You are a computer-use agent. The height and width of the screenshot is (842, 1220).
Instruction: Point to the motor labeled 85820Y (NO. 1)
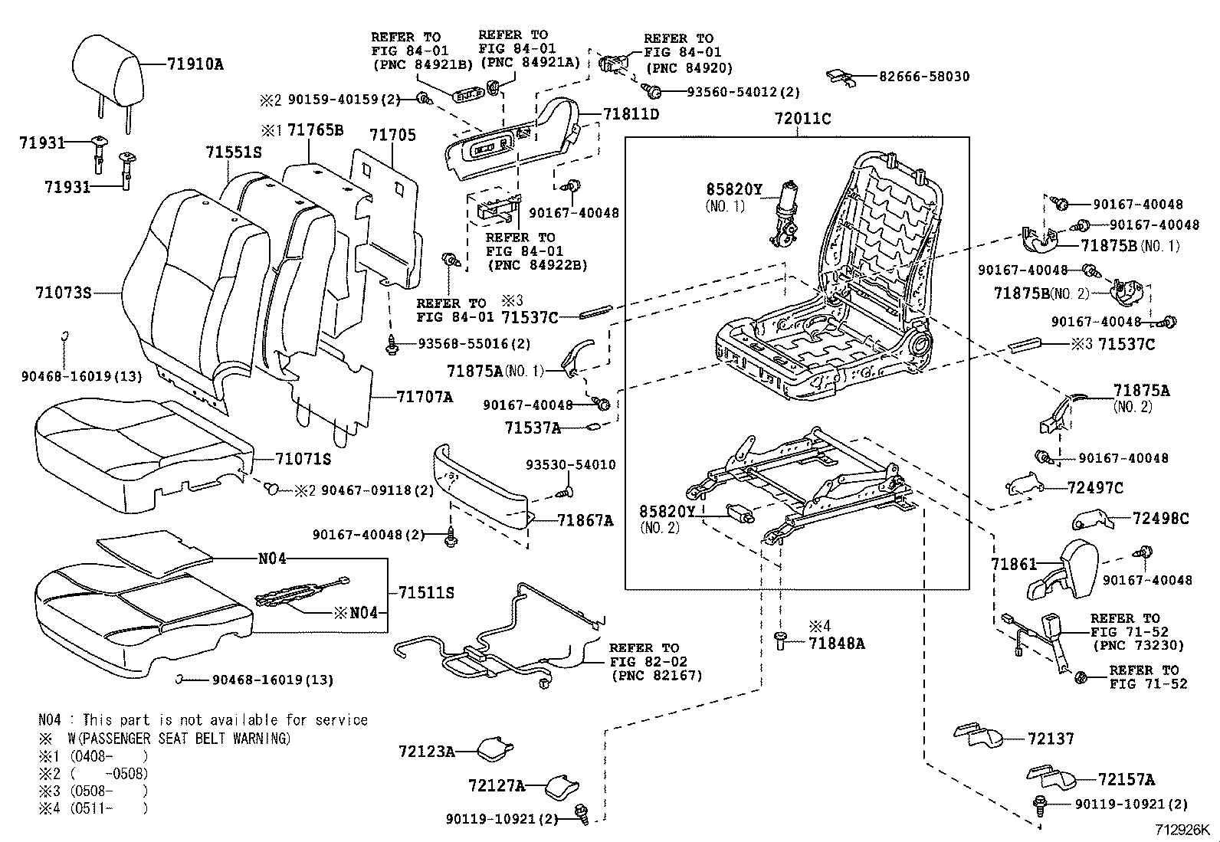(x=785, y=215)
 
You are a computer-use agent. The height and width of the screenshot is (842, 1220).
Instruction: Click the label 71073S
(x=63, y=293)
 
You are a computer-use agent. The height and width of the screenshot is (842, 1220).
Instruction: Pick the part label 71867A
(x=585, y=520)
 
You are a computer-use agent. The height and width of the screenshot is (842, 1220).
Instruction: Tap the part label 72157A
(x=1126, y=780)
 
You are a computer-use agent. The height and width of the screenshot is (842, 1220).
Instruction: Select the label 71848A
(x=836, y=644)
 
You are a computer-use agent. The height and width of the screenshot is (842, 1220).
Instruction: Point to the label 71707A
(x=425, y=397)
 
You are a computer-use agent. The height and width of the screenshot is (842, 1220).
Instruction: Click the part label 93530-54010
(x=570, y=465)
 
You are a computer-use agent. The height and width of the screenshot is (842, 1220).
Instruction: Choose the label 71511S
(x=426, y=592)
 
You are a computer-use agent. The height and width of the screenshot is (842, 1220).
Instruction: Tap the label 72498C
(x=1160, y=519)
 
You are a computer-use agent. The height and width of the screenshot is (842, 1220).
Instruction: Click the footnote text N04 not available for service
(x=203, y=720)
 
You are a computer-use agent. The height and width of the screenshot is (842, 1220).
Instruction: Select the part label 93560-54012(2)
(x=743, y=92)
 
